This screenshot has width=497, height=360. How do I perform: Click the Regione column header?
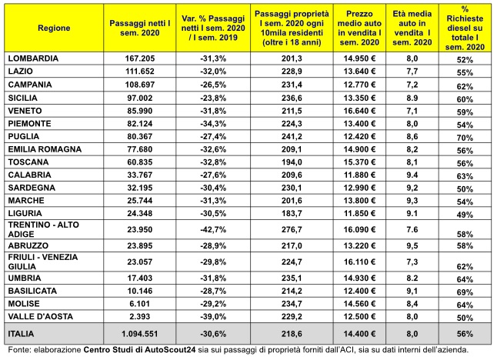[54, 28]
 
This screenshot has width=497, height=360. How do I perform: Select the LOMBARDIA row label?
[33, 58]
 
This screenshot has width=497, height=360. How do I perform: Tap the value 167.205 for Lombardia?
[140, 58]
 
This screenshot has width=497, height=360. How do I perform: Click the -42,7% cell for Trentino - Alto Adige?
[213, 229]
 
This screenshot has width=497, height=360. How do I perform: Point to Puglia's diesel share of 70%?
[465, 138]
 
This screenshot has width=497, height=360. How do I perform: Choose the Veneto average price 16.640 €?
[359, 111]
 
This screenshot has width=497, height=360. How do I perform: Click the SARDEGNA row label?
[32, 188]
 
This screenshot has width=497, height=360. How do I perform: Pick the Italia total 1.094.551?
[140, 334]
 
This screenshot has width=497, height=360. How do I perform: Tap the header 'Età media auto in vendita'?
[412, 28]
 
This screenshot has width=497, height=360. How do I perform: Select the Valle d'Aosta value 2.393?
[140, 316]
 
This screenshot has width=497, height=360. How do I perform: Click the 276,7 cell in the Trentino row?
[292, 229]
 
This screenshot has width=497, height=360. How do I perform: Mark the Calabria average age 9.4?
[412, 175]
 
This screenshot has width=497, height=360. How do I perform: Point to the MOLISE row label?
[24, 304]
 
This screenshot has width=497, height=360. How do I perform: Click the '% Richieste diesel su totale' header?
[465, 28]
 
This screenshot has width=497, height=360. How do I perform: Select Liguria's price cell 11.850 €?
[359, 213]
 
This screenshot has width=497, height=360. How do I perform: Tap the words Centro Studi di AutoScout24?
[140, 350]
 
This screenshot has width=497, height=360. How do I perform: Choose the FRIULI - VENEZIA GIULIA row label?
[43, 262]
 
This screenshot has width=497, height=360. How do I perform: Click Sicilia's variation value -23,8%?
[213, 98]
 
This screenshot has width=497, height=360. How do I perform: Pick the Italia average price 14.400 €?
[359, 334]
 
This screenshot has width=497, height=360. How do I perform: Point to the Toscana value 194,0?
[292, 162]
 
